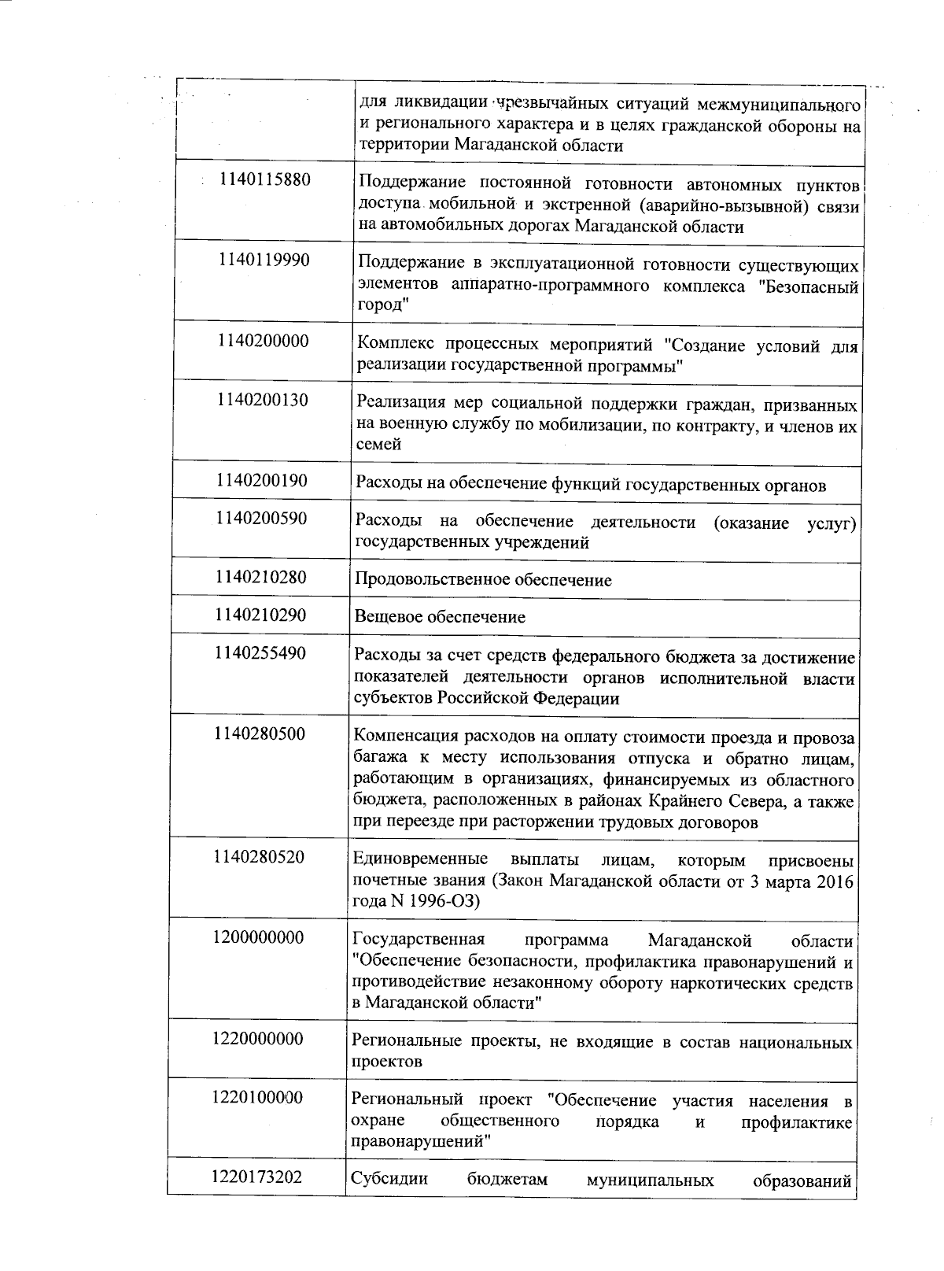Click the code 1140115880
point(265,179)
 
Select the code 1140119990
point(264,260)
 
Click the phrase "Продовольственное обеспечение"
point(483,581)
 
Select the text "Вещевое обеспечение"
point(440,617)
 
